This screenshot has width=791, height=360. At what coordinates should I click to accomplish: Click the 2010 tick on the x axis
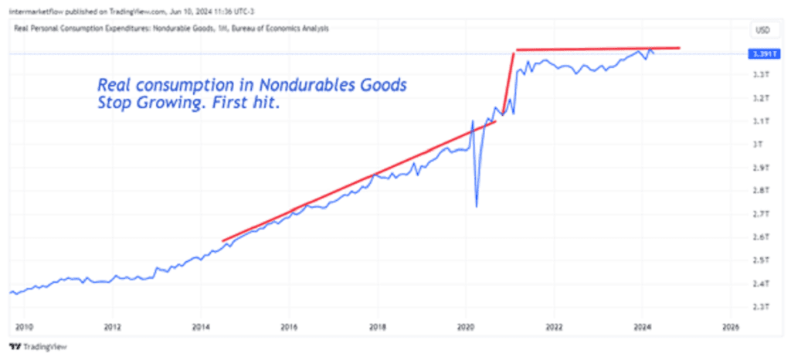pyautogui.click(x=23, y=327)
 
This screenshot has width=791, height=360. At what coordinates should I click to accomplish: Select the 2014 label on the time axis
pyautogui.click(x=200, y=327)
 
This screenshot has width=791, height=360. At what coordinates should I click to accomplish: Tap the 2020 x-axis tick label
pyautogui.click(x=466, y=327)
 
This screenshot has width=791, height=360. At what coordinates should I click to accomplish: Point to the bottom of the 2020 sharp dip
pyautogui.click(x=476, y=205)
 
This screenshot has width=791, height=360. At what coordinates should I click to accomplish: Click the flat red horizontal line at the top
pyautogui.click(x=598, y=49)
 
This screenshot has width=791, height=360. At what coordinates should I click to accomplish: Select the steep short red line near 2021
pyautogui.click(x=508, y=82)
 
